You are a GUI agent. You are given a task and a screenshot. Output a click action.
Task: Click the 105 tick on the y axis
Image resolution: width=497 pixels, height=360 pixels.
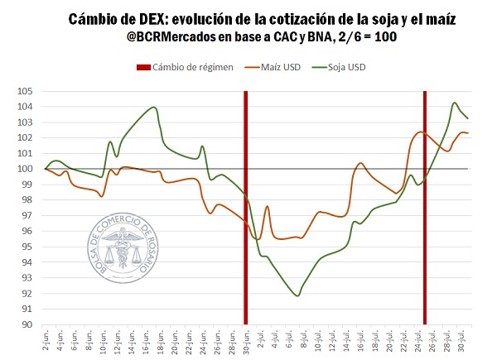click(x=27, y=91)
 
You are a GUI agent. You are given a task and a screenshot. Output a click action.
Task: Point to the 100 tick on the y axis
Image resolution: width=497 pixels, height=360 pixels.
click(x=27, y=169)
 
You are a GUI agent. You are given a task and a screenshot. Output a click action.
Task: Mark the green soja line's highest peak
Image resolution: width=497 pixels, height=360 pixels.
click(x=455, y=103)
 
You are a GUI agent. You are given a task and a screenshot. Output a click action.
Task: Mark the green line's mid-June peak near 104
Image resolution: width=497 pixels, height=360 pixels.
click(x=154, y=108)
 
